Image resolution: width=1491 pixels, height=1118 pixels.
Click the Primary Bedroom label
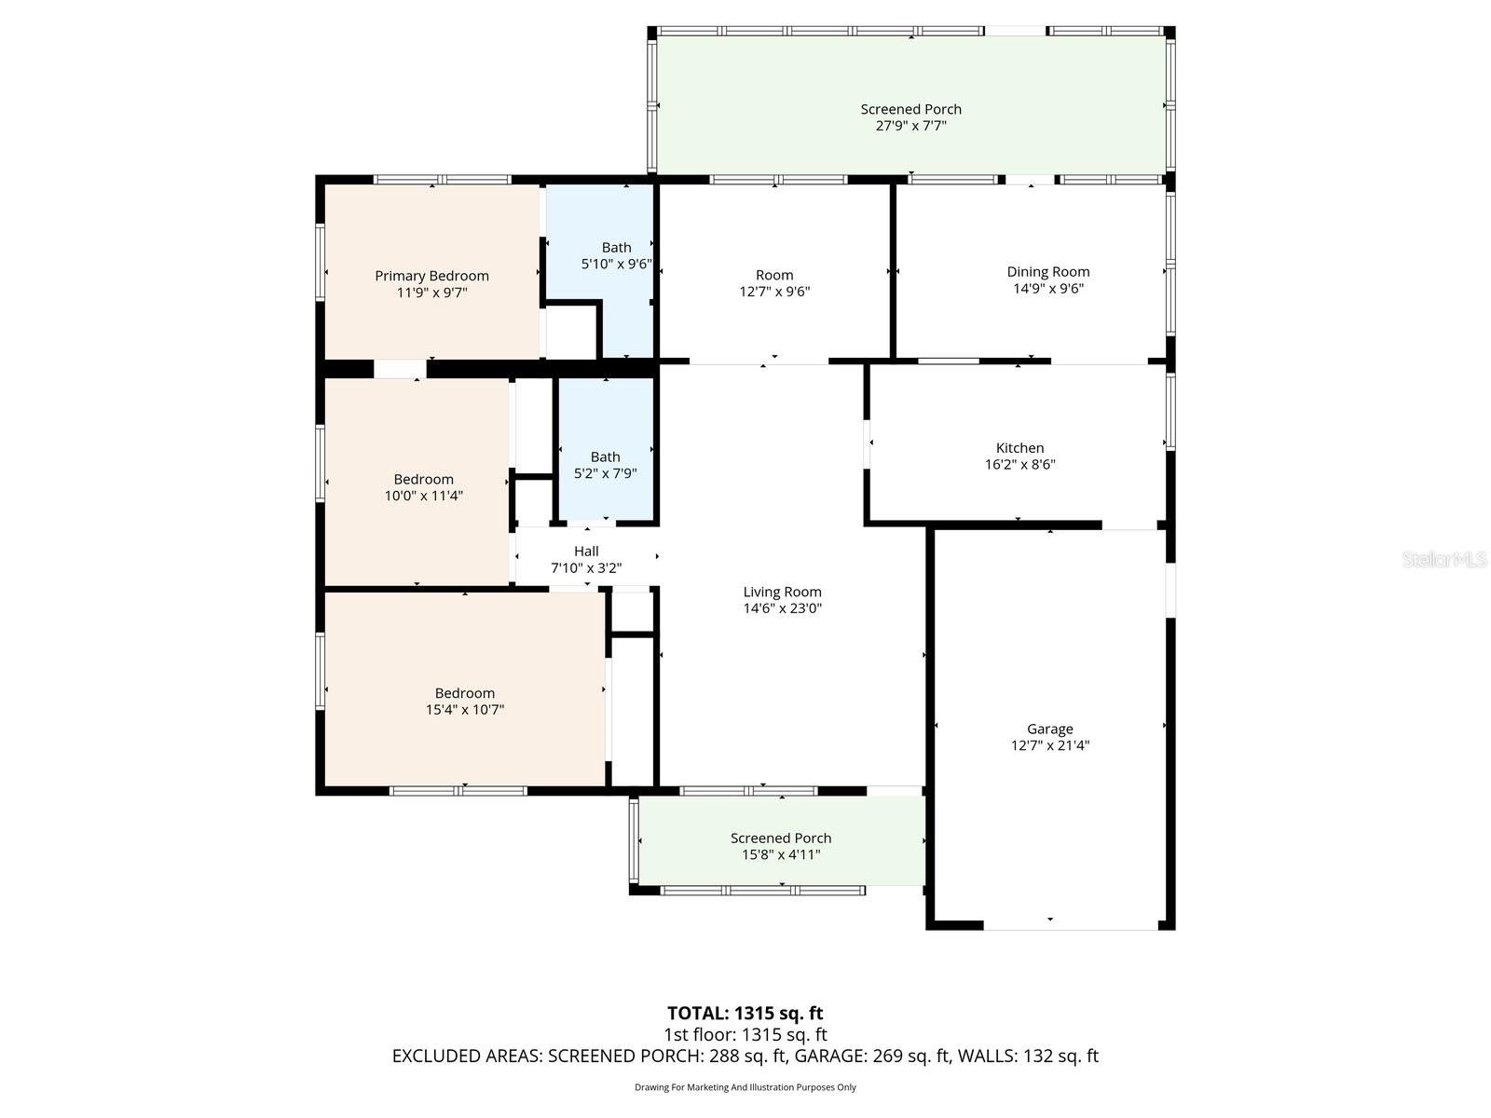pos(431,276)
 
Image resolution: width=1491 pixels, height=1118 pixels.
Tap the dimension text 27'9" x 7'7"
pos(910,126)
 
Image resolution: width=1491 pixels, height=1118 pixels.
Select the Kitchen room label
pos(1019,448)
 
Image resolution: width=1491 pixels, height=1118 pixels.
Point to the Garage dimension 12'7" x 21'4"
pos(1050,745)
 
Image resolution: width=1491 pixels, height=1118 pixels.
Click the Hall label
pos(586,552)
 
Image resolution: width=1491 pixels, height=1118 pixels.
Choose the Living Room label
pos(782,592)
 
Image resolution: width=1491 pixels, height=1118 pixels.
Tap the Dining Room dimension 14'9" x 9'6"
pos(1047,289)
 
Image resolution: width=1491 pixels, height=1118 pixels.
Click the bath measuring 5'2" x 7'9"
pos(605,465)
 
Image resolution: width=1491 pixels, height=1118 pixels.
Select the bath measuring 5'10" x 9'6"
pos(616,255)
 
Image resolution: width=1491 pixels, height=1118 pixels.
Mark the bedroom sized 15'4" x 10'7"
pos(464,701)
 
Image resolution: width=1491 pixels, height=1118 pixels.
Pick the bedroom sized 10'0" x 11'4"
pos(423,487)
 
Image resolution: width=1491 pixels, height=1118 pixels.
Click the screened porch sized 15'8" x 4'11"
pos(781,846)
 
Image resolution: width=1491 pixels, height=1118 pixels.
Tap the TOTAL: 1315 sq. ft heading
pos(745,1013)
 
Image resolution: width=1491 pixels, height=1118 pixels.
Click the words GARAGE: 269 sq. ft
pos(910,1056)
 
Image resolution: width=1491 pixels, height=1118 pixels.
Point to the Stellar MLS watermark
pos(1444,559)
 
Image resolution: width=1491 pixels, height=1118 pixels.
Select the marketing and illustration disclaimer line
pos(745,1087)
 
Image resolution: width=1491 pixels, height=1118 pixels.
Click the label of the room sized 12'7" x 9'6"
pos(774,275)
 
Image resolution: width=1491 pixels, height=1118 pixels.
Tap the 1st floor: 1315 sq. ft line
pos(745,1034)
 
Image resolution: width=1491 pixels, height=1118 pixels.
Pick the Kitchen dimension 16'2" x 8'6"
pos(1019,465)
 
